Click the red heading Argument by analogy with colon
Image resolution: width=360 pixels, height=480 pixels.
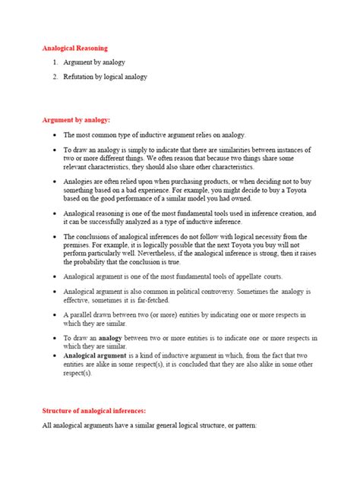76,120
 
